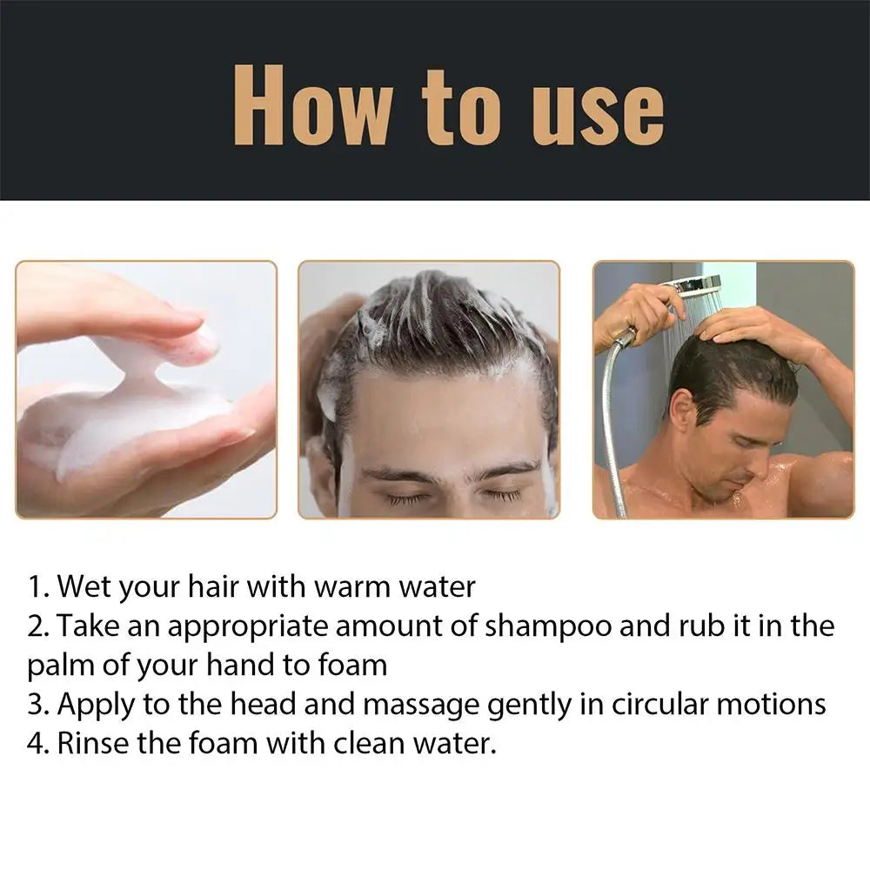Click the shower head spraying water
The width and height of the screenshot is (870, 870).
[696, 286]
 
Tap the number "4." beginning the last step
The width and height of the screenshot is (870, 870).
[39, 744]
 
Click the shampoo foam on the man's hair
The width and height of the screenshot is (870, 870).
[426, 300]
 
